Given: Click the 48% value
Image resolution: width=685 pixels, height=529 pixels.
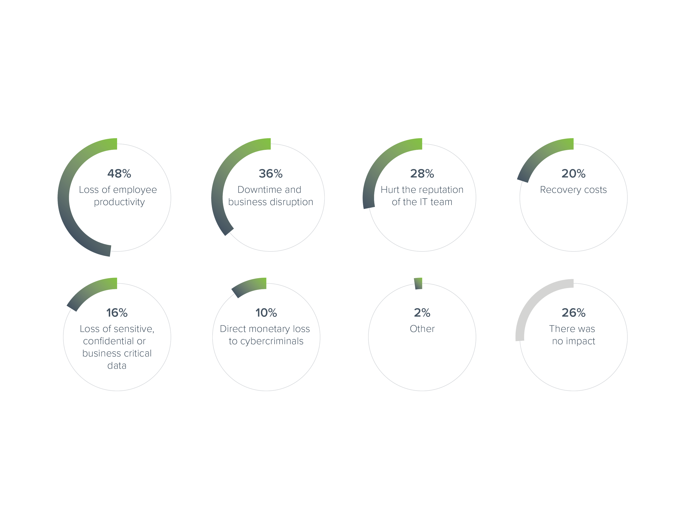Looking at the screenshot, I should coord(119,174).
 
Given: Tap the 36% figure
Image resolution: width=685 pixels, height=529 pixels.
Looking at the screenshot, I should coord(271,174).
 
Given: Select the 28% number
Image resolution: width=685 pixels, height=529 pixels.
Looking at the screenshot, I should coord(422,174).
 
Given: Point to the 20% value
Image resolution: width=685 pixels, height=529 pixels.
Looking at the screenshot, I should coord(573,174).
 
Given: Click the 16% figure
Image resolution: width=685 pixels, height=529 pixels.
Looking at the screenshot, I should coord(117,313).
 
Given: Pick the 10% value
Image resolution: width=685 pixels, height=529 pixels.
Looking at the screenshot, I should coord(266,313).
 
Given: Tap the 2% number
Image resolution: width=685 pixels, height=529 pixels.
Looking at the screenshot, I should coord(422,313).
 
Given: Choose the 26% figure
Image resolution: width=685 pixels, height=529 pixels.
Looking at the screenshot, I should coord(573,313).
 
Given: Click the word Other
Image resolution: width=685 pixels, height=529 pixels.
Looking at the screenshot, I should coord(422,329).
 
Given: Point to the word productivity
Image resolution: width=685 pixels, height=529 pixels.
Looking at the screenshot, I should coord(119,202).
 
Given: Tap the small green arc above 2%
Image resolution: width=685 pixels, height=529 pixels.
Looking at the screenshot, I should coord(419,283).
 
